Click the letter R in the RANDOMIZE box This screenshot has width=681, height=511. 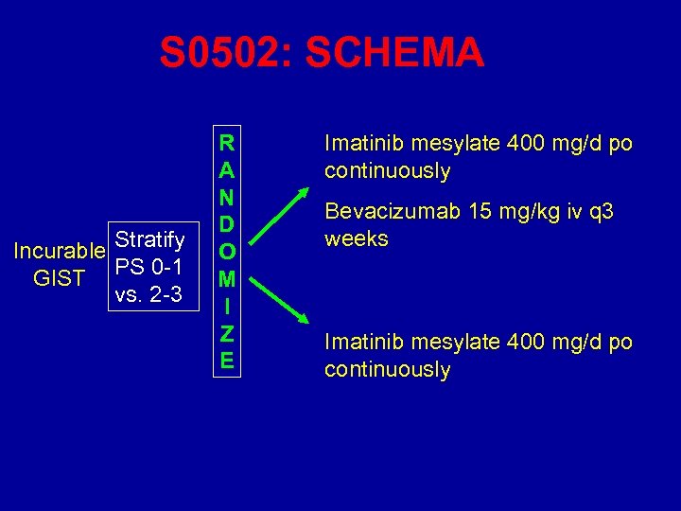(x=226, y=144)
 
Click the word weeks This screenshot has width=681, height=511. (x=357, y=238)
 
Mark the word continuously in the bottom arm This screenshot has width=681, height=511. (x=388, y=370)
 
